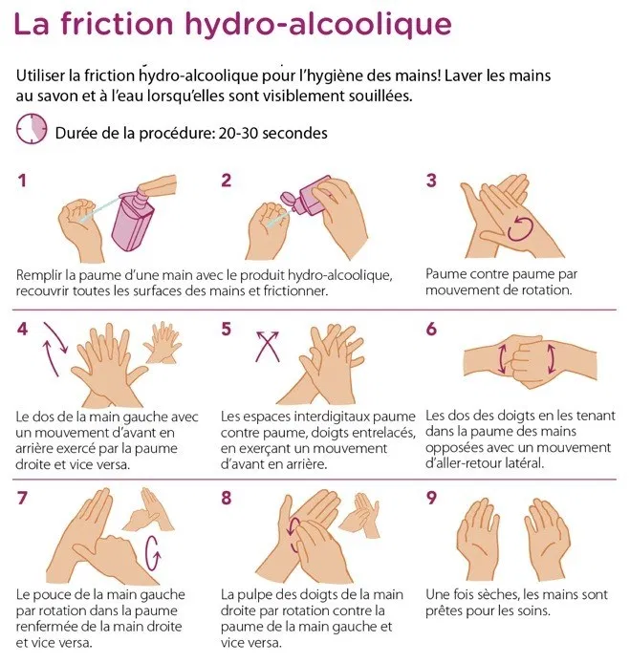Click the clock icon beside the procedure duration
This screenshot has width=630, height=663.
pyautogui.click(x=32, y=128)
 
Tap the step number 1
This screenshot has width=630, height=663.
pyautogui.click(x=22, y=181)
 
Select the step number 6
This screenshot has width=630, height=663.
pyautogui.click(x=431, y=329)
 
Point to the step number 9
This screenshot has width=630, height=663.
pyautogui.click(x=431, y=498)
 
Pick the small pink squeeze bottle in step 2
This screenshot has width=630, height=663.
pyautogui.click(x=306, y=197)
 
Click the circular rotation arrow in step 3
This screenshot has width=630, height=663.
pyautogui.click(x=519, y=228)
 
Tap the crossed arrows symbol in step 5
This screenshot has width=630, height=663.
pyautogui.click(x=268, y=347)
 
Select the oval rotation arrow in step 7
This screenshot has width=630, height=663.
pyautogui.click(x=153, y=553)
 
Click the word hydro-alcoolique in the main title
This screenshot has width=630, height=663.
pyautogui.click(x=318, y=24)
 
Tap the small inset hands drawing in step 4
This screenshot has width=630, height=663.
pyautogui.click(x=163, y=343)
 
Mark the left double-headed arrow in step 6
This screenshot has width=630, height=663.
pyautogui.click(x=502, y=359)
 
